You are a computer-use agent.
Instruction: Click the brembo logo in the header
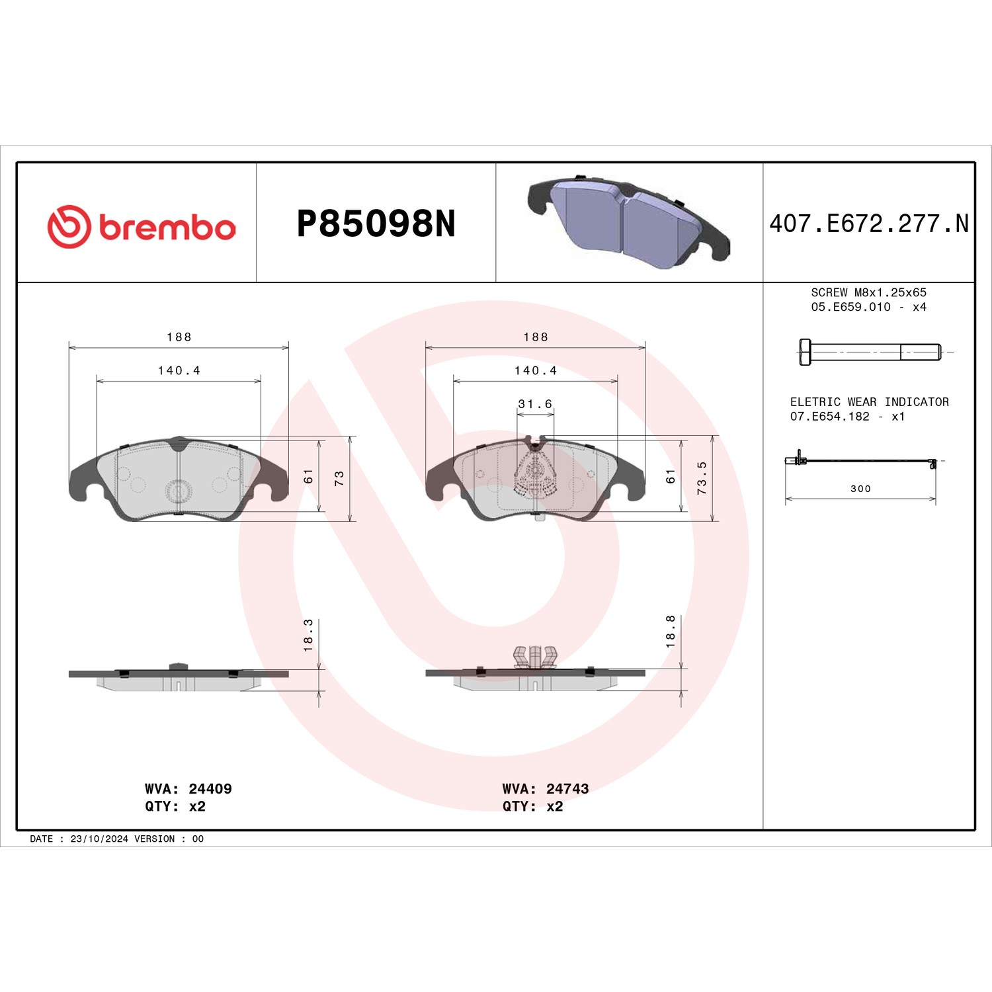142,227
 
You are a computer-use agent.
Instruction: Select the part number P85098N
376,224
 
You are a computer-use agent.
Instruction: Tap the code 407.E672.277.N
869,224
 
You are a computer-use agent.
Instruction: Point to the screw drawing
870,352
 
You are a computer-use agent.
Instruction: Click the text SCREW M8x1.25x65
869,292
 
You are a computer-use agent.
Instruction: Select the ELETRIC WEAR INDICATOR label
870,402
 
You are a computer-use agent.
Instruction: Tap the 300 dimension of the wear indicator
860,489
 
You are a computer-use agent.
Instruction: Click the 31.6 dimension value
535,403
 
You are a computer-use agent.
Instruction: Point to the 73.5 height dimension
702,478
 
